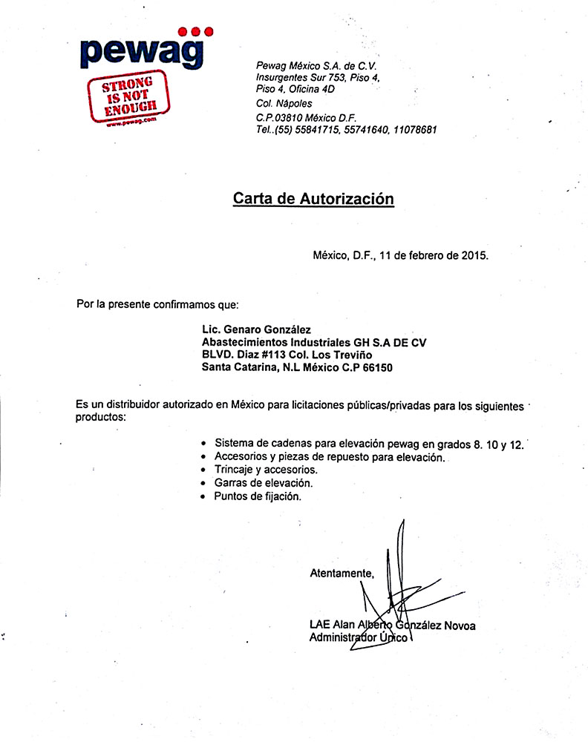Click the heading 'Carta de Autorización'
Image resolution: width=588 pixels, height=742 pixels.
[x=313, y=199]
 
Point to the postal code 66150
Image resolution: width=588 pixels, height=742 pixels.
[x=377, y=367]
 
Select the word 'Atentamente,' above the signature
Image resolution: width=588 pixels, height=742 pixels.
[x=342, y=573]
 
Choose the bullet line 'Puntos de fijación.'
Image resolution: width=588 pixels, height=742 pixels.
[x=258, y=496]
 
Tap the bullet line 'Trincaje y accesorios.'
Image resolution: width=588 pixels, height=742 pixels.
[x=266, y=470]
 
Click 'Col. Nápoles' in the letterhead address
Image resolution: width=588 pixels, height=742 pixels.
[x=284, y=103]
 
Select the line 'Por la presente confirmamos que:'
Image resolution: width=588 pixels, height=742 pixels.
[x=158, y=304]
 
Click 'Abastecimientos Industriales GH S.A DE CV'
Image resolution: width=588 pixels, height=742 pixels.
[x=314, y=342]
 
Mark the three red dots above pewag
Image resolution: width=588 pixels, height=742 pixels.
[x=197, y=31]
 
